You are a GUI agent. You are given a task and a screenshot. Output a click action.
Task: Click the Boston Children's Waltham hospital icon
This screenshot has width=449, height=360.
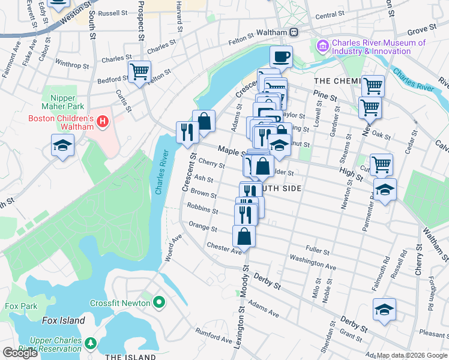click(103, 122)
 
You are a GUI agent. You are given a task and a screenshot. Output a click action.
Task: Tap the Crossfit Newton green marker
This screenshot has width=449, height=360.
click(158, 303)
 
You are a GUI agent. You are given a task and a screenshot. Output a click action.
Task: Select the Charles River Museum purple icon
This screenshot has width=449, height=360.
click(323, 46)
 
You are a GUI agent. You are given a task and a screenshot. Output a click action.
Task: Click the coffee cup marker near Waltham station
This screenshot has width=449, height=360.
click(282, 58)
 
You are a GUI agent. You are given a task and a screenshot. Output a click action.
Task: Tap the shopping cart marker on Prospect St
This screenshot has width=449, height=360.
click(139, 71)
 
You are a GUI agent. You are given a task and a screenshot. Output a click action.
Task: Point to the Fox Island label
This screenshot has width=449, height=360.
click(63, 321)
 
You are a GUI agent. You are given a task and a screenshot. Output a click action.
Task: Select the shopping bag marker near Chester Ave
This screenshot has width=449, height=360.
click(244, 236)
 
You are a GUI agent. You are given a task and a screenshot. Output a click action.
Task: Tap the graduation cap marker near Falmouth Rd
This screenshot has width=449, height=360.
click(384, 310)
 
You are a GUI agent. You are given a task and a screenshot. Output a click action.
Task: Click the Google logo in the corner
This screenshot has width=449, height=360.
click(20, 353)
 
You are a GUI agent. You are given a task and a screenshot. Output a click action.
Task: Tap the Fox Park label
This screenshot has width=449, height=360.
click(17, 306)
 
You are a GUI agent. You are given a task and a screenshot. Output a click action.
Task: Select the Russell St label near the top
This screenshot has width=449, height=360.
click(113, 13)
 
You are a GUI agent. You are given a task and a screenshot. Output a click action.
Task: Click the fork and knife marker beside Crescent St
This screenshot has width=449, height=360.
click(187, 131)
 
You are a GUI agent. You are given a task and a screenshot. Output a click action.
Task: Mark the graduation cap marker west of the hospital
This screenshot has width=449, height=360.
click(62, 146)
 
